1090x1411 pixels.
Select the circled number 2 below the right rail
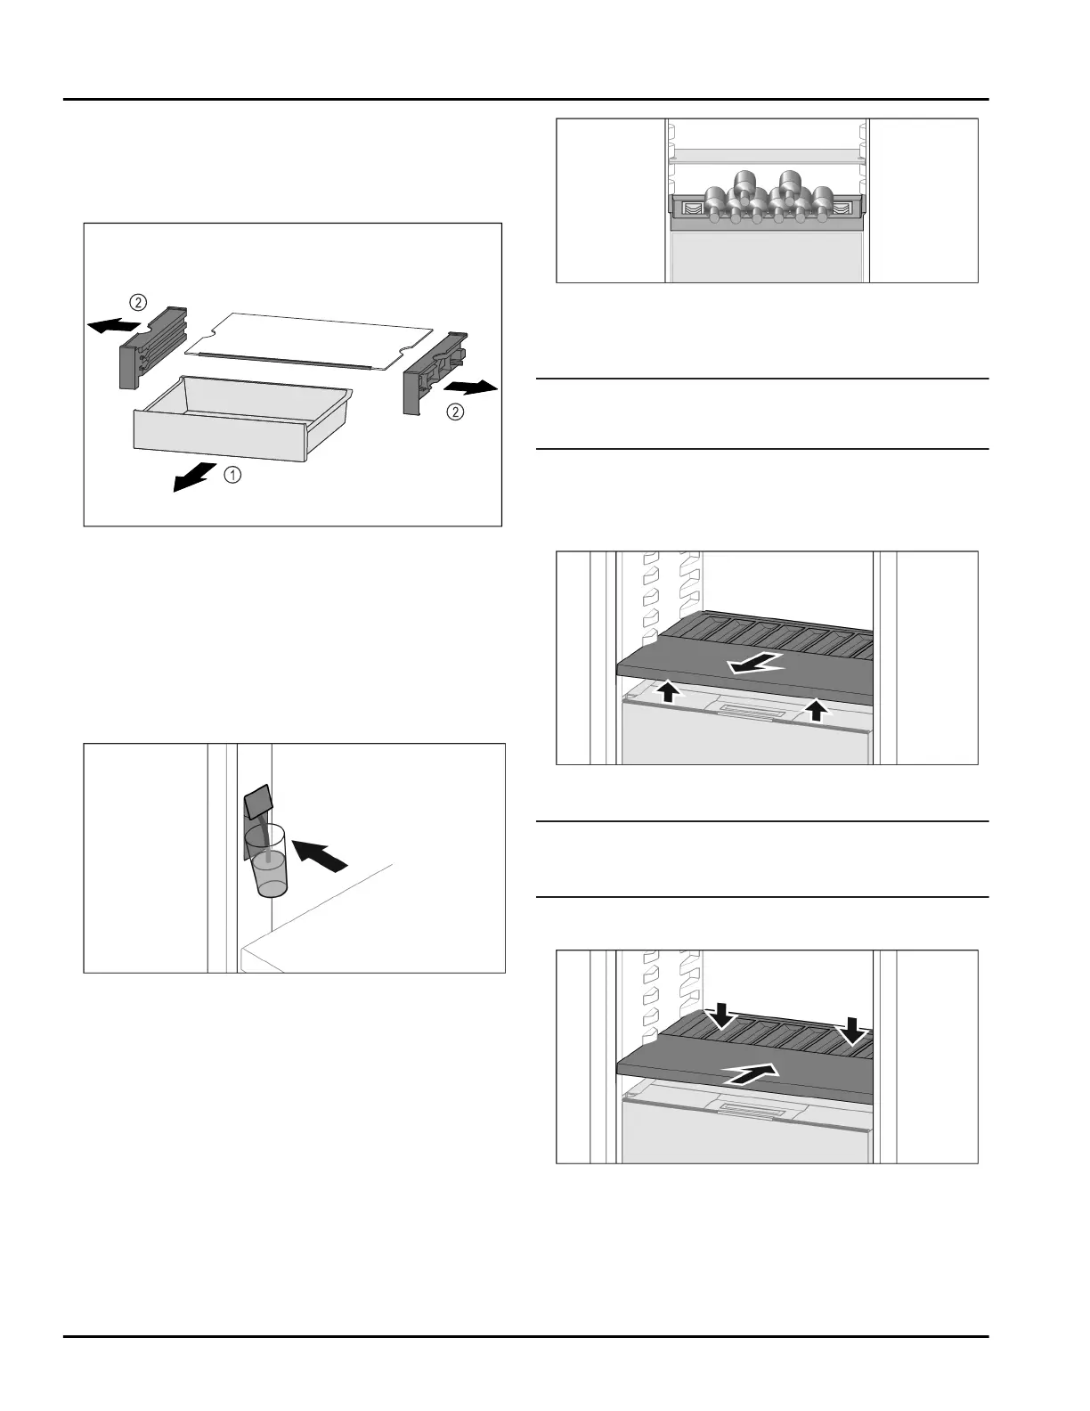(x=456, y=412)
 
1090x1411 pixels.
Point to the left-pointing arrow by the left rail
(x=112, y=326)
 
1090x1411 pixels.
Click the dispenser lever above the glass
(x=257, y=801)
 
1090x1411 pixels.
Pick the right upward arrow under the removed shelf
(x=815, y=709)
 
